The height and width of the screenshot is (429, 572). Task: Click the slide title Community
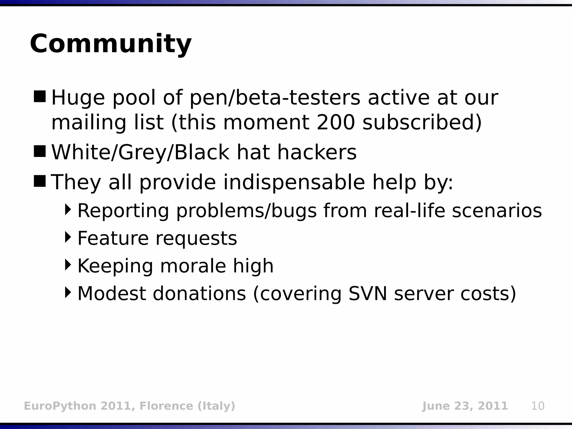(x=111, y=44)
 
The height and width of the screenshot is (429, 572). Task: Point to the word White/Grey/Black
(x=140, y=152)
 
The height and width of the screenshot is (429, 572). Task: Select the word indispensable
(x=294, y=182)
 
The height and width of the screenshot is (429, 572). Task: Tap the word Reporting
(x=123, y=211)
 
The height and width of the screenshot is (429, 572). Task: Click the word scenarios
(x=497, y=211)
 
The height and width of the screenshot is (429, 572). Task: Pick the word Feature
(x=113, y=238)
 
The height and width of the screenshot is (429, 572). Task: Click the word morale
(x=193, y=266)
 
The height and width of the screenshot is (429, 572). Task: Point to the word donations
(x=199, y=294)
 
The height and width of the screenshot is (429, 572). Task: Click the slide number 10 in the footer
(x=538, y=406)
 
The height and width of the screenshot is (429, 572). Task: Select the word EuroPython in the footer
(x=60, y=406)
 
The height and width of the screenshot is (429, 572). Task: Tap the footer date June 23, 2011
(x=465, y=406)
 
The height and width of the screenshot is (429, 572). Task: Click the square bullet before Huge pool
(x=39, y=96)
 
